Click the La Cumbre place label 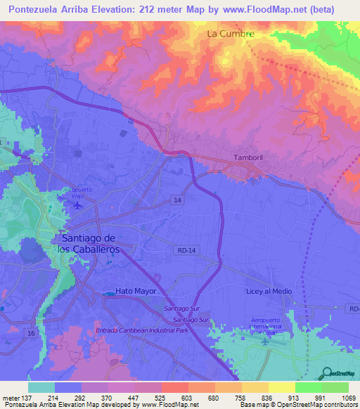coord(230,33)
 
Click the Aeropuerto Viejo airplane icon coord(77,204)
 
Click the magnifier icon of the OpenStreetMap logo coord(326,373)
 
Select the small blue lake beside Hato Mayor coord(108,292)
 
